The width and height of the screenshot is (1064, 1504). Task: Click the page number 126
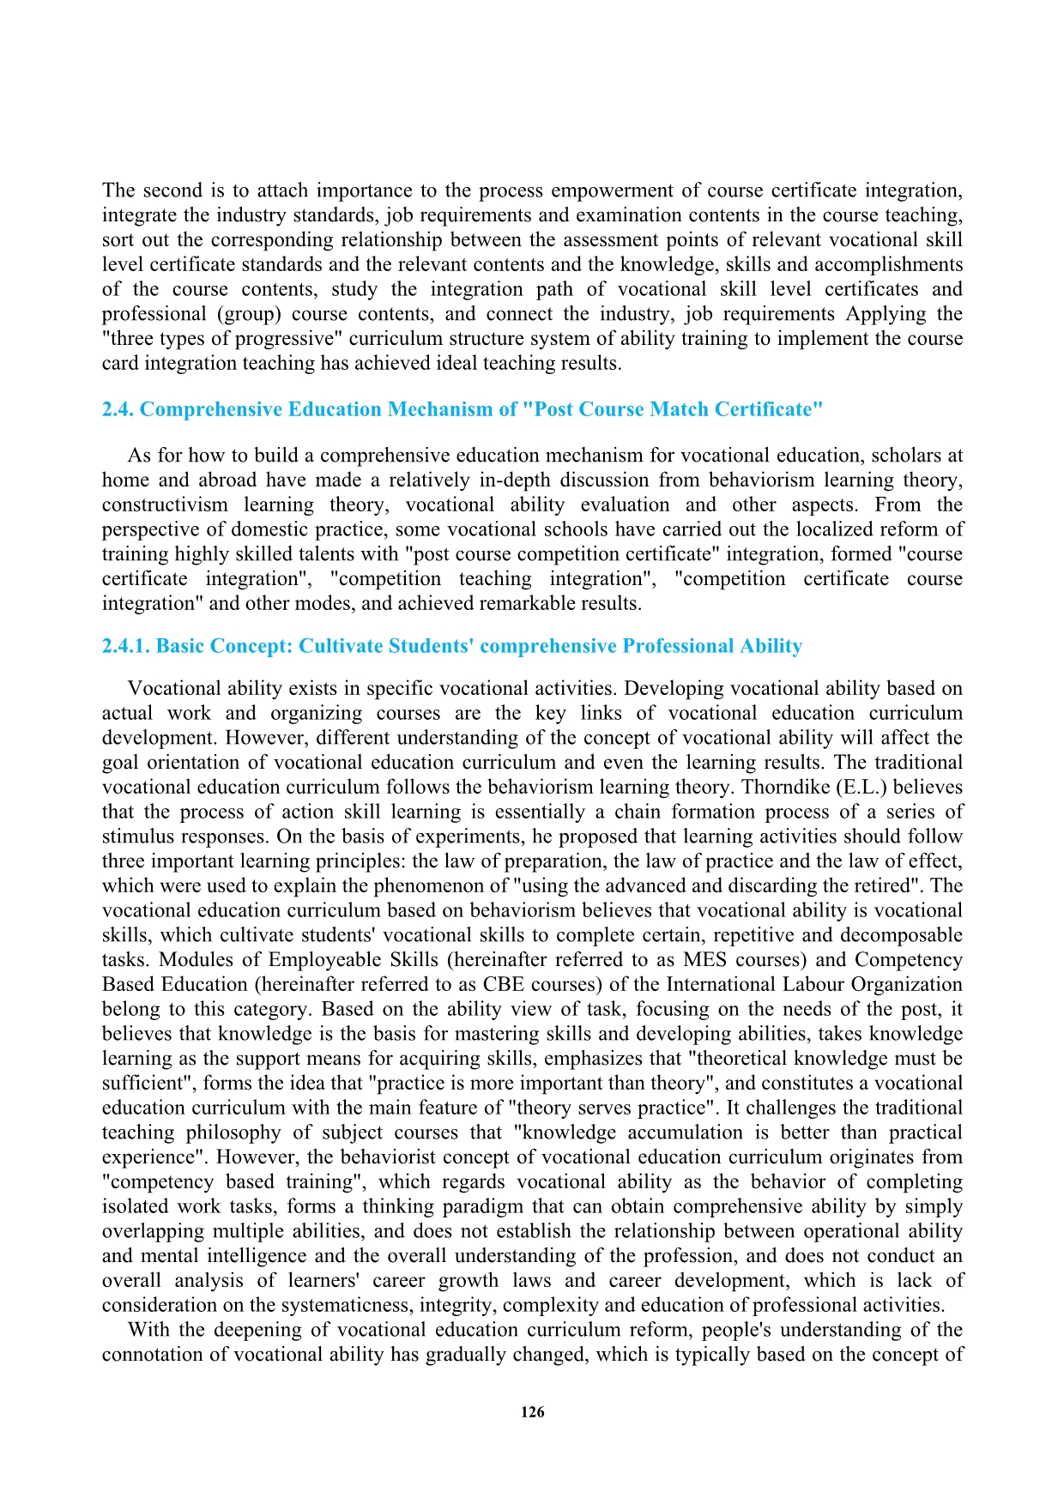coord(532,1412)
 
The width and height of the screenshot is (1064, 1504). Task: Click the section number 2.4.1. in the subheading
coord(126,646)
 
